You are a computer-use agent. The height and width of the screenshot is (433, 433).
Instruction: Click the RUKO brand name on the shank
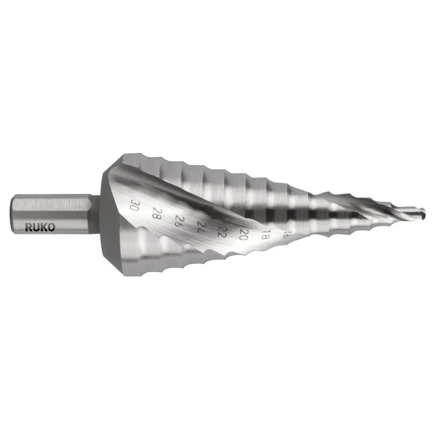tap(40, 227)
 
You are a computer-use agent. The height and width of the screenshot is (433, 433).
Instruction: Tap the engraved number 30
tap(134, 205)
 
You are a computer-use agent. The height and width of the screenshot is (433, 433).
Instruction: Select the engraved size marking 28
tap(156, 213)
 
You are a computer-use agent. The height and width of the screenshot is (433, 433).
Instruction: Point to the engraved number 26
tap(179, 221)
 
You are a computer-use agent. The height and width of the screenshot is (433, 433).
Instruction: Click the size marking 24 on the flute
tap(202, 227)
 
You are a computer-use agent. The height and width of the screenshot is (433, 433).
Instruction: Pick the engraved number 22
tap(222, 231)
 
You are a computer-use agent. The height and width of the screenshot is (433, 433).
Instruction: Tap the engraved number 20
tap(243, 234)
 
